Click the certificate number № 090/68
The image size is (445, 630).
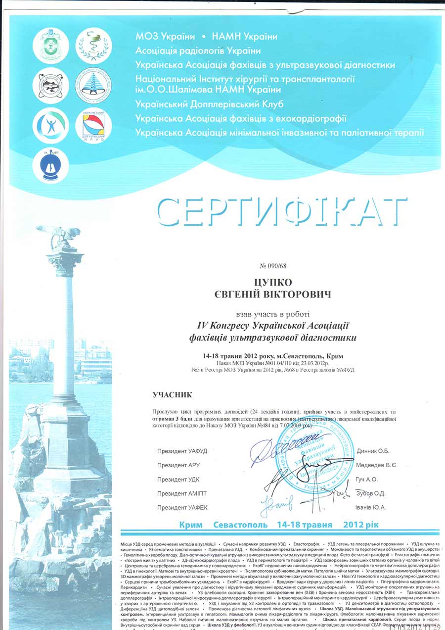[273, 266]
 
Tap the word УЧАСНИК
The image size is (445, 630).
[172, 394]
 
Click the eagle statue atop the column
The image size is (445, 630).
[61, 237]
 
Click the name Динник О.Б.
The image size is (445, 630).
[373, 451]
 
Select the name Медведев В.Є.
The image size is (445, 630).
[376, 465]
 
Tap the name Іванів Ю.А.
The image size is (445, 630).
[371, 507]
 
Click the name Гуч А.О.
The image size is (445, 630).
[367, 479]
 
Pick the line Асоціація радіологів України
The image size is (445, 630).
[198, 50]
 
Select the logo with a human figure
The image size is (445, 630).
[50, 125]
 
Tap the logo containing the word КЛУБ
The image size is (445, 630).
[93, 126]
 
